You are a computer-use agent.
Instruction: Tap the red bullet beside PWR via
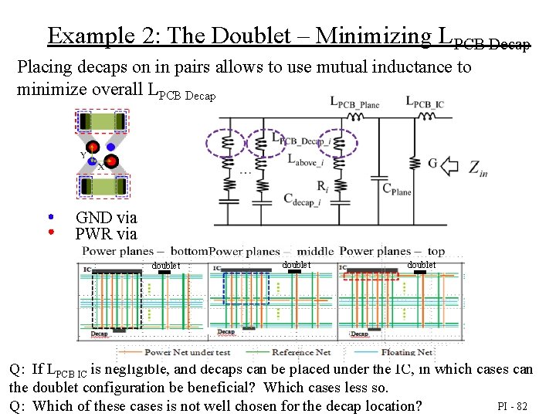click(51, 231)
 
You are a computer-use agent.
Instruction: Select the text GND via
click(106, 218)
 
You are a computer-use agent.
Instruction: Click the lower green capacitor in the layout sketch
click(101, 186)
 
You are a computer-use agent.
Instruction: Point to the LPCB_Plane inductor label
click(355, 102)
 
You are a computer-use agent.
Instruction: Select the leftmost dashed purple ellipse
click(225, 144)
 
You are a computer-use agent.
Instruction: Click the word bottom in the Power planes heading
click(189, 251)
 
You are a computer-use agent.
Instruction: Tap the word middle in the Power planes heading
click(315, 251)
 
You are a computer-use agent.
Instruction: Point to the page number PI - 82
click(512, 406)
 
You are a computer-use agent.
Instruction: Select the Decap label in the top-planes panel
click(359, 334)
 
